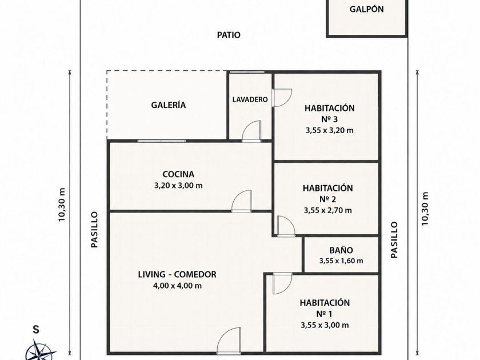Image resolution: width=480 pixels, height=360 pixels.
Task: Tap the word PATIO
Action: pyautogui.click(x=229, y=35)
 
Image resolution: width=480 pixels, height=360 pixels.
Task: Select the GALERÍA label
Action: pyautogui.click(x=169, y=105)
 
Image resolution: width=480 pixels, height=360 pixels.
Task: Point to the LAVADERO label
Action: pyautogui.click(x=250, y=99)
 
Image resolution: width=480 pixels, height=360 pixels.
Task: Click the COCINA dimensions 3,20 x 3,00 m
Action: pyautogui.click(x=178, y=186)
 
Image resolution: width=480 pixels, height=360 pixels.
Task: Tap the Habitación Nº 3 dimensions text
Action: pyautogui.click(x=329, y=130)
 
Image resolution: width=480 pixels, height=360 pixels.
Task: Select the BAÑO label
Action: pyautogui.click(x=341, y=250)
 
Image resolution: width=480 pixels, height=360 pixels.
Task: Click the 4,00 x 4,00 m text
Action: pyautogui.click(x=177, y=286)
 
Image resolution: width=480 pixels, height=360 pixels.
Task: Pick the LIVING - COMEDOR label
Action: pyautogui.click(x=177, y=274)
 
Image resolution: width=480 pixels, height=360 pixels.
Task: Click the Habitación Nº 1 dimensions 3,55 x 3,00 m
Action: pyautogui.click(x=325, y=325)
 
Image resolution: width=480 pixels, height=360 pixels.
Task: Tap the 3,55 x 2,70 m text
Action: pyautogui.click(x=328, y=210)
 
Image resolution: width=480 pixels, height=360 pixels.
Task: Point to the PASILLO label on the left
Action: pyautogui.click(x=95, y=230)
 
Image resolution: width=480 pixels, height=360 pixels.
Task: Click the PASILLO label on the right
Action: pyautogui.click(x=394, y=240)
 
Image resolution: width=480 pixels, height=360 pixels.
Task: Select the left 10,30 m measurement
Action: pyautogui.click(x=62, y=205)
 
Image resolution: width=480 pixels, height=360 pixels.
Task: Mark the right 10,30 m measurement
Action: pyautogui.click(x=425, y=209)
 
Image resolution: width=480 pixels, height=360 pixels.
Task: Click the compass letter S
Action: pyautogui.click(x=36, y=330)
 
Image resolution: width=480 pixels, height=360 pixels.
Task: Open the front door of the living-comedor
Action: pyautogui.click(x=229, y=341)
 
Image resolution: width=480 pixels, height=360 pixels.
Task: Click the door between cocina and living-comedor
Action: pyautogui.click(x=242, y=201)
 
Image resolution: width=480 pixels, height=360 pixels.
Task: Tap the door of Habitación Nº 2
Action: pyautogui.click(x=286, y=226)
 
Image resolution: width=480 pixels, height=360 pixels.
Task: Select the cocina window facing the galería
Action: pyautogui.click(x=161, y=141)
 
